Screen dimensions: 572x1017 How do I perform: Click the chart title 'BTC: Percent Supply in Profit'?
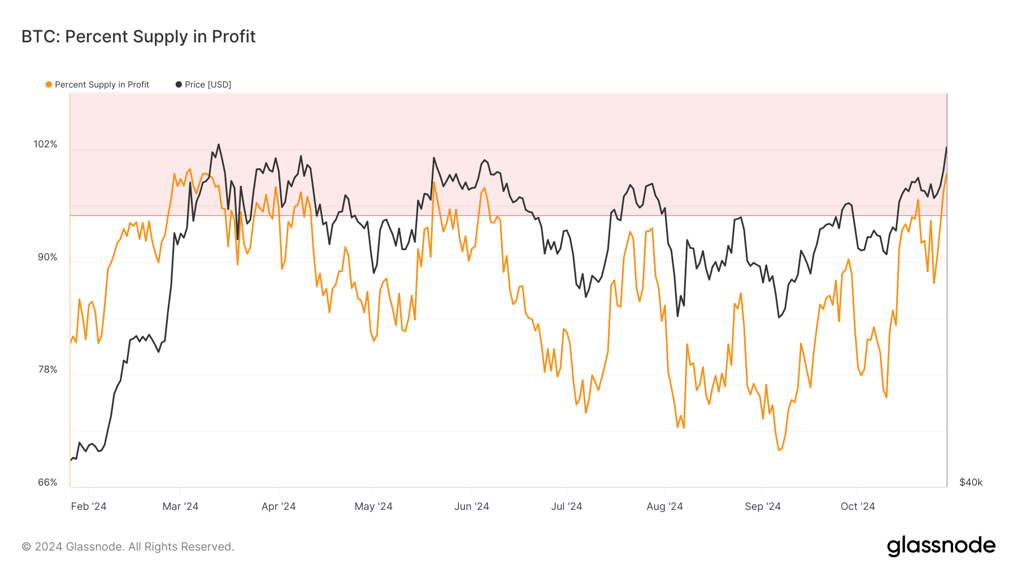138,37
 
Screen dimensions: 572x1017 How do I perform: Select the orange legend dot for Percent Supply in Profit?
49,85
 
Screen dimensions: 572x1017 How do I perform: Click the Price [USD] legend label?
207,85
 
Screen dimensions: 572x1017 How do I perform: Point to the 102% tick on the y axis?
45,145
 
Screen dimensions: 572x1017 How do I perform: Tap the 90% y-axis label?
47,257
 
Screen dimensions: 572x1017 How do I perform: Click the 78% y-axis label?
47,370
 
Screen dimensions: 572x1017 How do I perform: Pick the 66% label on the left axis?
47,483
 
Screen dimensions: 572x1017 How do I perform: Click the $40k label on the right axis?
971,483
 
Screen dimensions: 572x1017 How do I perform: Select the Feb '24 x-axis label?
89,506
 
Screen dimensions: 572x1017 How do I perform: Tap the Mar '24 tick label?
180,506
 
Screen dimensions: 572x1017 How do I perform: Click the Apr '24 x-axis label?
279,506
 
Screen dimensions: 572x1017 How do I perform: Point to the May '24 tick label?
373,506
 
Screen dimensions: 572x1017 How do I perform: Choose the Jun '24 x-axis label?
472,506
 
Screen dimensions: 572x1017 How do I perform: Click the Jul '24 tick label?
567,506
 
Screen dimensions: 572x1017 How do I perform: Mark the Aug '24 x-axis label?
664,506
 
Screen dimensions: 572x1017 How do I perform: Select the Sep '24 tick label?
763,506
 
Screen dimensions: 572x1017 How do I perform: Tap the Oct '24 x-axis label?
858,506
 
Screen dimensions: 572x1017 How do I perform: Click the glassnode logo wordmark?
941,547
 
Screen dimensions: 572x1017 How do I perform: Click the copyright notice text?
128,547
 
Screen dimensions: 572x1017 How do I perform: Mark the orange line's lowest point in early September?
779,450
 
